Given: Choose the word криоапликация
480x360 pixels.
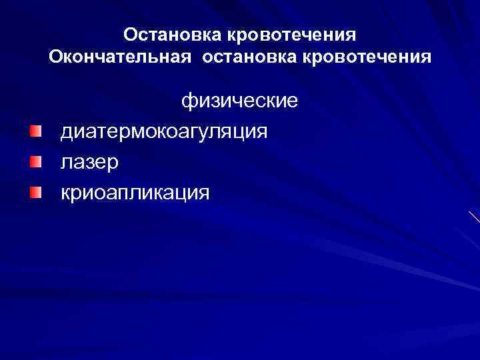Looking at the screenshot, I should point(135,193).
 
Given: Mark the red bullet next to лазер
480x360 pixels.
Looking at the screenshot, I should point(35,161).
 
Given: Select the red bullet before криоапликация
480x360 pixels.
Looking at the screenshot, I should point(35,192).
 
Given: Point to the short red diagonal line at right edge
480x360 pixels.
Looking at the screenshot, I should point(474,217).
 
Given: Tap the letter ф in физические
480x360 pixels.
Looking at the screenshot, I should point(189,102).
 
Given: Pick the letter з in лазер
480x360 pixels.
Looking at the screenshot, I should point(95,163).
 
